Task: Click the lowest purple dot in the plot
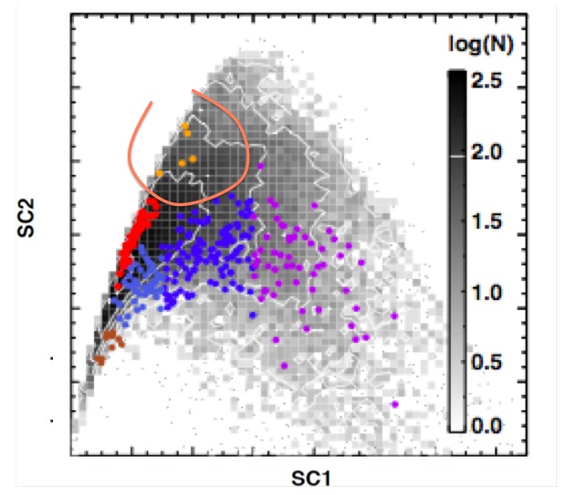395,404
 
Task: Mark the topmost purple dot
262,166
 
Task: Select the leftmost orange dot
159,171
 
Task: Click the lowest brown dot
98,361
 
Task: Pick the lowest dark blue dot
253,315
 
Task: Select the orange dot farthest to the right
194,160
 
